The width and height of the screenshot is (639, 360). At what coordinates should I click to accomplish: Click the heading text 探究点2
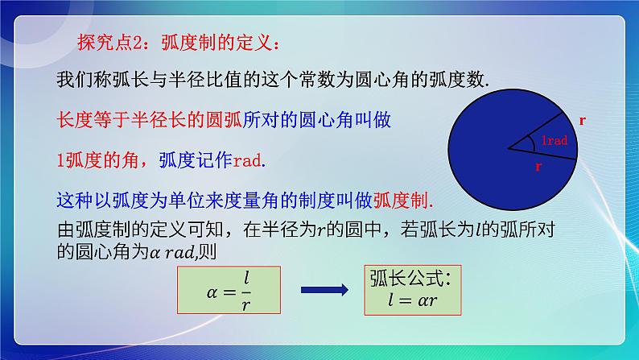point(114,41)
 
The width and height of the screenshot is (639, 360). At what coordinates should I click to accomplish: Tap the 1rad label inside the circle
point(554,140)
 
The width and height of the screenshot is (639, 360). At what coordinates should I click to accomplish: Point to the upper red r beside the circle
point(582,119)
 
